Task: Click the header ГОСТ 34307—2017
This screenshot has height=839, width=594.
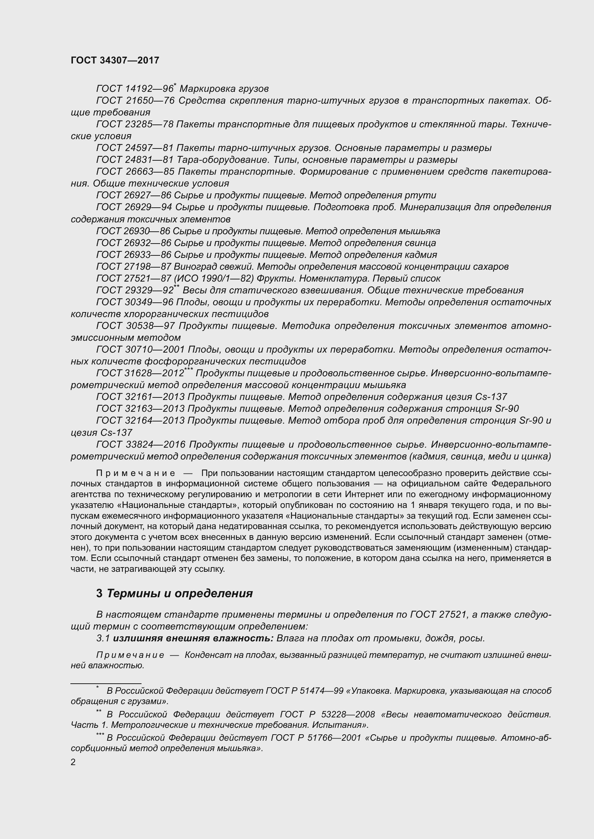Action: (115, 60)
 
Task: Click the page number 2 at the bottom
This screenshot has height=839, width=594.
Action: (73, 762)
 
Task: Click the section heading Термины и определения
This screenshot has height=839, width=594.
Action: (180, 593)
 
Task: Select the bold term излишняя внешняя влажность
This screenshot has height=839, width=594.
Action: (193, 638)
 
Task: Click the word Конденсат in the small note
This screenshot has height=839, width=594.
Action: (203, 655)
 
